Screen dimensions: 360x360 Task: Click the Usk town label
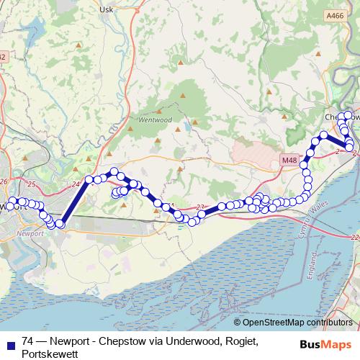tap(107, 9)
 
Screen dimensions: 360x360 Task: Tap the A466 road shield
tap(334, 15)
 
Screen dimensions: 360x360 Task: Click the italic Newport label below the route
tap(35, 234)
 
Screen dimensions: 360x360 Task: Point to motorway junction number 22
tap(354, 237)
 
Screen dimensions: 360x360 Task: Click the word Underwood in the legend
tap(184, 341)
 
